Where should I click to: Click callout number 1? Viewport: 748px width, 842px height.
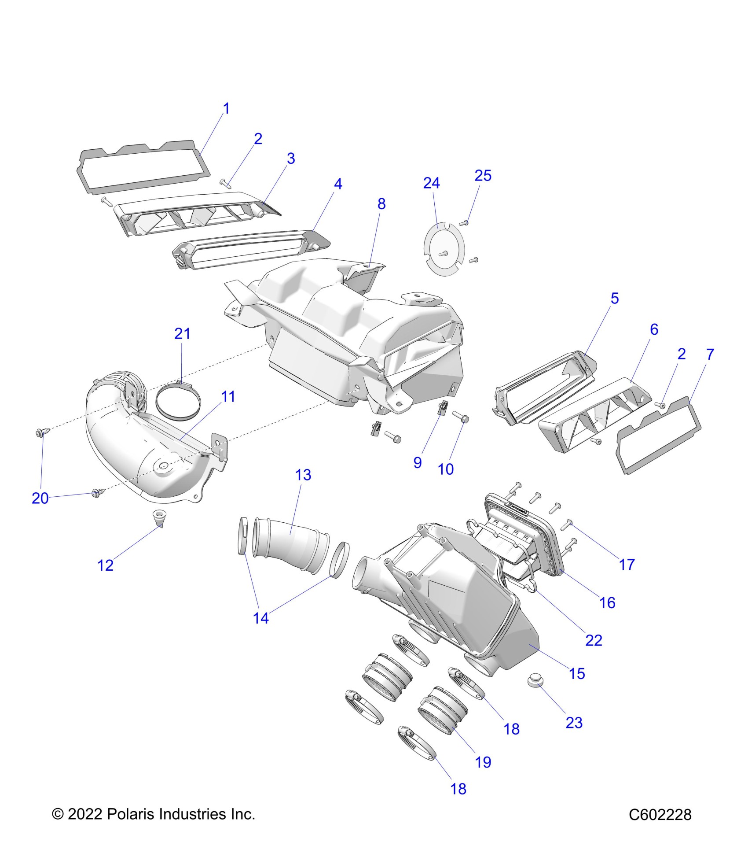coord(226,108)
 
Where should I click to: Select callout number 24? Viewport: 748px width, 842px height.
coord(431,183)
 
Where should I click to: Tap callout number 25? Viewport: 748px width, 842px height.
coord(483,176)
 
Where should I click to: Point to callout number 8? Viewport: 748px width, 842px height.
coord(381,204)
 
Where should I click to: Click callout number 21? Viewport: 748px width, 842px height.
coord(182,333)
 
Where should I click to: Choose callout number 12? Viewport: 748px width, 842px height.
coord(106,565)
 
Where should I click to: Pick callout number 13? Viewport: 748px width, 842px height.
coord(303,475)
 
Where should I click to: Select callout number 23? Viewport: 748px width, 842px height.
coord(574,723)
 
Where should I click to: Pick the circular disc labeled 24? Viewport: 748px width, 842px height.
coord(443,249)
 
